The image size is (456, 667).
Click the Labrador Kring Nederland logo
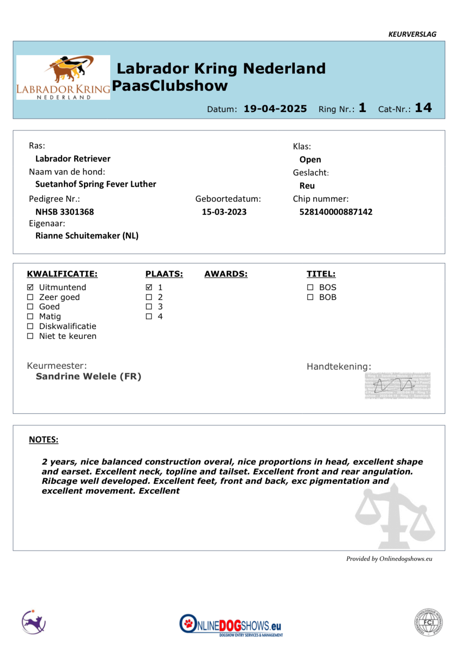point(63,77)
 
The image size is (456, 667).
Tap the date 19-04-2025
point(275,109)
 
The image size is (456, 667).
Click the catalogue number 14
point(423,108)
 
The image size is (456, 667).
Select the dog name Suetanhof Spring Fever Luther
point(96,184)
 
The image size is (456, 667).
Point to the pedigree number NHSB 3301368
point(64,212)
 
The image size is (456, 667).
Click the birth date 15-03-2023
point(224,212)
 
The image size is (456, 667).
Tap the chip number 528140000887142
point(336,212)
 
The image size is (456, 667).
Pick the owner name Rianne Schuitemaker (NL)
point(87,236)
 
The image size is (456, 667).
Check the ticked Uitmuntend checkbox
point(30,287)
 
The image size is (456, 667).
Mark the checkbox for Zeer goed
point(30,297)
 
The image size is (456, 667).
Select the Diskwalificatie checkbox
point(30,326)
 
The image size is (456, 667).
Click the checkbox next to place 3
point(149,307)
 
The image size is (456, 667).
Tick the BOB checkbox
point(310,297)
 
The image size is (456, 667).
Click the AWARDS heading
point(226,274)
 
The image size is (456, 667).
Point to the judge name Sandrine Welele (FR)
point(89,376)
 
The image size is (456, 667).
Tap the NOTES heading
point(43,440)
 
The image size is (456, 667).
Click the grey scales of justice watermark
point(394,517)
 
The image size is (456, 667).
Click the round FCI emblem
point(428,622)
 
